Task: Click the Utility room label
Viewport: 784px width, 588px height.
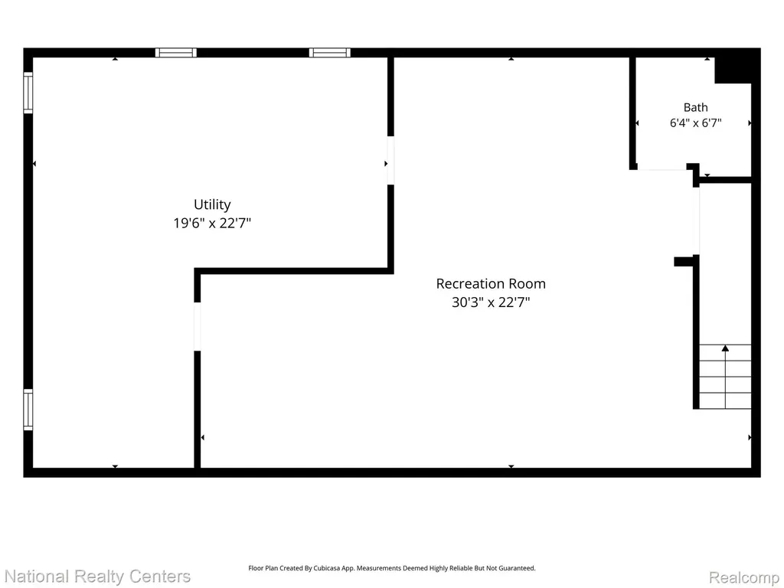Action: pos(212,204)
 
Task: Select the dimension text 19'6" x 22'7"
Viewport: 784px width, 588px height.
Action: pos(212,223)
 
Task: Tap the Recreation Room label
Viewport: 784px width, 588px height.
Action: pos(491,283)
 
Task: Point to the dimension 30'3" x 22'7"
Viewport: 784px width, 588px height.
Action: pos(491,302)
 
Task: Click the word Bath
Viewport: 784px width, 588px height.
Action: pos(695,107)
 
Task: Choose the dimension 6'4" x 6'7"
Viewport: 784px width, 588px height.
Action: pos(695,122)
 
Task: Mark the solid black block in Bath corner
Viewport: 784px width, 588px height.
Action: pos(733,70)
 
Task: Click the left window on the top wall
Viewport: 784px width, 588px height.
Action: pos(175,53)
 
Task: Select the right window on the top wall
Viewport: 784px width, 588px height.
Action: pos(329,53)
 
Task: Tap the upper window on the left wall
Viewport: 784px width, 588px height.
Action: pos(28,93)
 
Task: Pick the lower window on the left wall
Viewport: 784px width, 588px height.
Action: pos(28,410)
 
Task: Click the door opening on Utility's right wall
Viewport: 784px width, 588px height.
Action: pos(390,161)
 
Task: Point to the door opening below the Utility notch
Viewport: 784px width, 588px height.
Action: pos(197,326)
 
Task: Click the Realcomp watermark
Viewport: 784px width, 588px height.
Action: pos(744,577)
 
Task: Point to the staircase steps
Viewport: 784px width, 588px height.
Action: pos(725,377)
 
